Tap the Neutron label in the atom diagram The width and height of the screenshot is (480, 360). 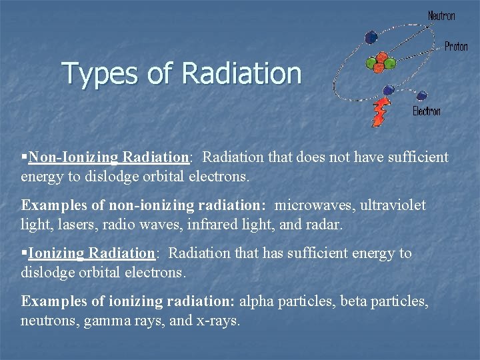tap(441, 15)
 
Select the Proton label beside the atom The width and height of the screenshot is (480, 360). tap(456, 47)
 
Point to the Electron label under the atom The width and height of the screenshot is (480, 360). tap(427, 111)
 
